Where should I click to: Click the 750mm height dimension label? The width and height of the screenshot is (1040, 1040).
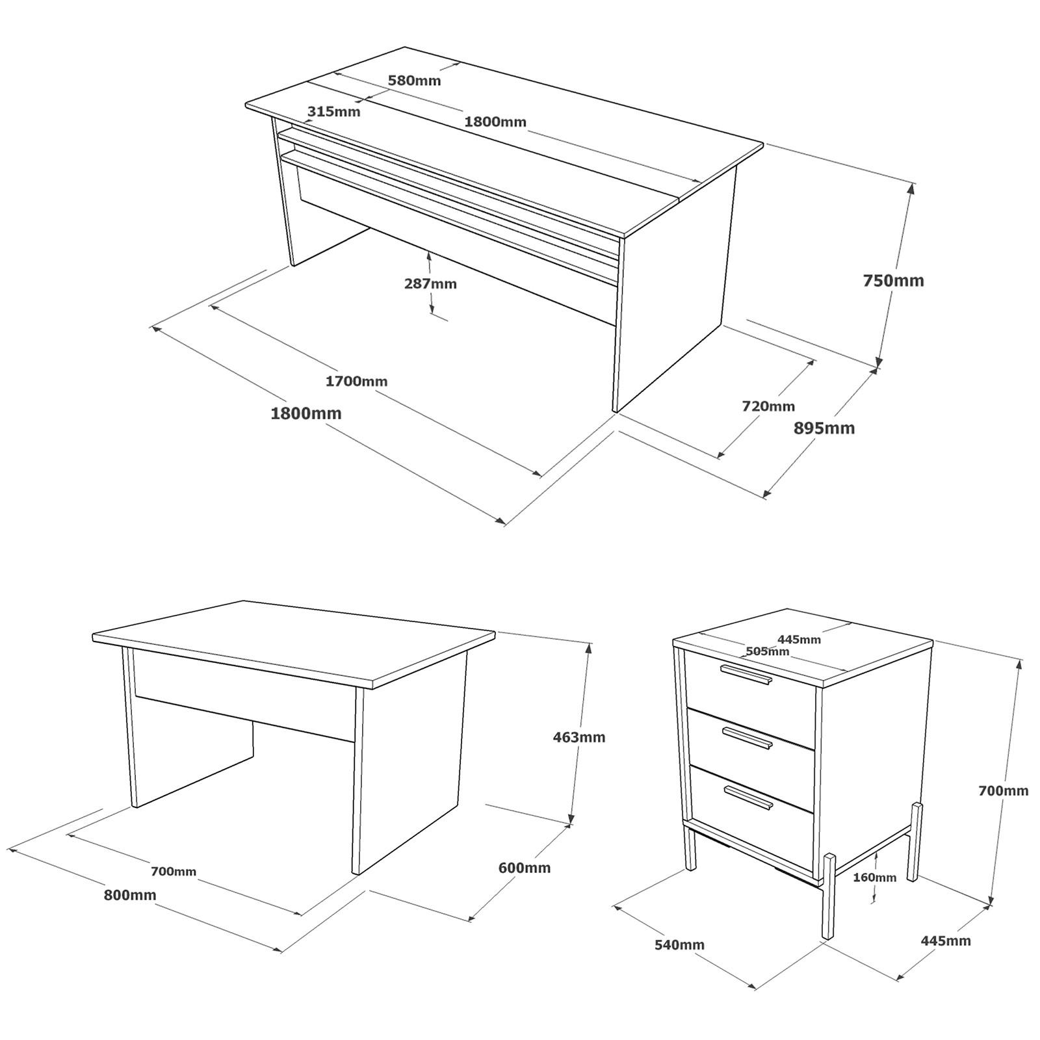(x=892, y=281)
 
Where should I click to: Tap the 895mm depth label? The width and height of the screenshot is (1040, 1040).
(x=824, y=428)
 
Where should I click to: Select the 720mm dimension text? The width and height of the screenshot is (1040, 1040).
(x=768, y=406)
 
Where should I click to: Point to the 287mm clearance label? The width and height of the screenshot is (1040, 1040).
(x=430, y=284)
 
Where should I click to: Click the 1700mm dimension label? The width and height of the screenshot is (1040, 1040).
(x=356, y=382)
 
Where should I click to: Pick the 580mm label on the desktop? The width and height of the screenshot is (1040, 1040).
(x=414, y=81)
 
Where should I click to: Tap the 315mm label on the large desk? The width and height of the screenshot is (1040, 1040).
(x=333, y=111)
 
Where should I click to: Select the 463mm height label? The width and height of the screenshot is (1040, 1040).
(x=578, y=737)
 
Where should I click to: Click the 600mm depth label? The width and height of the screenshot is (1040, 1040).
(x=524, y=868)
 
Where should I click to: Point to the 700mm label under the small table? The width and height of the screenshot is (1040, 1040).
(x=173, y=872)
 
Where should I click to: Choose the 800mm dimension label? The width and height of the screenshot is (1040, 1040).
(x=130, y=895)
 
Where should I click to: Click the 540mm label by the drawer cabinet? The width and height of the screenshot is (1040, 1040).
(x=679, y=944)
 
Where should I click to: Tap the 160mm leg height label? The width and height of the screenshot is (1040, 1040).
(x=874, y=877)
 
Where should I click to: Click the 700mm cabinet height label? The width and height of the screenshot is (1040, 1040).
(x=1003, y=791)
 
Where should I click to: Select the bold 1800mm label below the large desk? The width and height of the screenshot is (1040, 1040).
(x=305, y=413)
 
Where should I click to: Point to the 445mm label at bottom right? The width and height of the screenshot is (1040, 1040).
(x=945, y=941)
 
